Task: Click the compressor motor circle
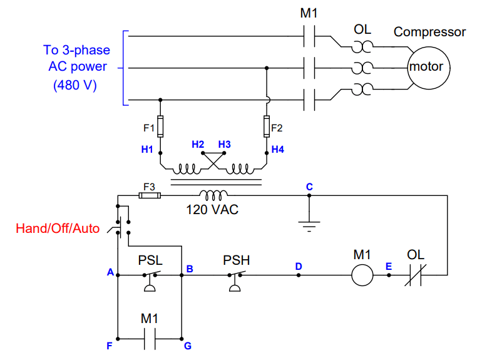(x=426, y=66)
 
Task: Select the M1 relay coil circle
(x=362, y=275)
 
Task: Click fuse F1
(x=161, y=126)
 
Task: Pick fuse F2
(x=267, y=126)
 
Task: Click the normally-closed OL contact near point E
(x=416, y=275)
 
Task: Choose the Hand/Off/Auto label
(x=58, y=229)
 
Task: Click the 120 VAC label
(x=212, y=210)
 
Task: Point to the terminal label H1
(x=147, y=150)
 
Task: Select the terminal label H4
(x=278, y=150)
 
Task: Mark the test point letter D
(x=299, y=267)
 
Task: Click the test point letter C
(x=309, y=187)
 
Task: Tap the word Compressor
(x=429, y=32)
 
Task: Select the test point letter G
(x=187, y=345)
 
